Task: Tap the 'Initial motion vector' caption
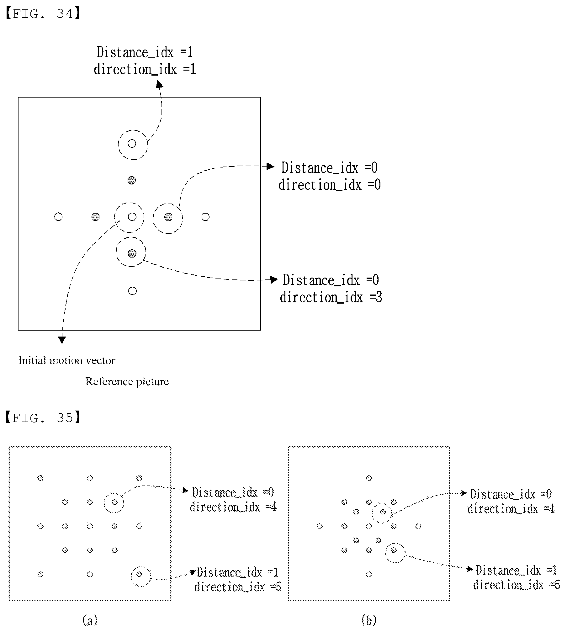pos(67,360)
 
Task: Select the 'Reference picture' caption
pos(127,382)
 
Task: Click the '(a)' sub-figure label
pos(90,620)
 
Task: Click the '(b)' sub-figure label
pos(369,620)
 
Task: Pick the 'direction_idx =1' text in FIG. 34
pos(145,69)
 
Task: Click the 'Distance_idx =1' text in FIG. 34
pos(145,52)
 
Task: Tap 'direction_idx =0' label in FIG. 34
pos(330,185)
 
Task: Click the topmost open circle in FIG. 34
pos(132,144)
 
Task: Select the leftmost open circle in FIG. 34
pos(58,217)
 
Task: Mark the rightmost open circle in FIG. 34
pos(205,217)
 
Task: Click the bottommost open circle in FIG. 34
pos(133,291)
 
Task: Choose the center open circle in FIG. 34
pos(132,217)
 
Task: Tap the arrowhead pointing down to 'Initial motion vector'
pos(62,340)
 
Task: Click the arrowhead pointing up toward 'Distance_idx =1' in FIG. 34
pos(160,84)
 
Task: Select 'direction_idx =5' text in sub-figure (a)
pos(238,587)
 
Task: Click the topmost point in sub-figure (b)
pos(369,478)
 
